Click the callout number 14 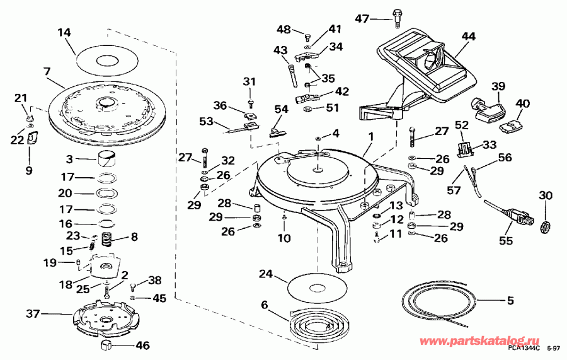(x=64, y=32)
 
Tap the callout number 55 (x=506, y=240)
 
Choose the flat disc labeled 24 (x=319, y=287)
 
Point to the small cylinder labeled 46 (x=106, y=344)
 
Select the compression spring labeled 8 (x=108, y=240)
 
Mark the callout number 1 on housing (x=371, y=136)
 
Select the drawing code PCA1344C (x=523, y=348)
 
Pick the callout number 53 (x=206, y=120)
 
